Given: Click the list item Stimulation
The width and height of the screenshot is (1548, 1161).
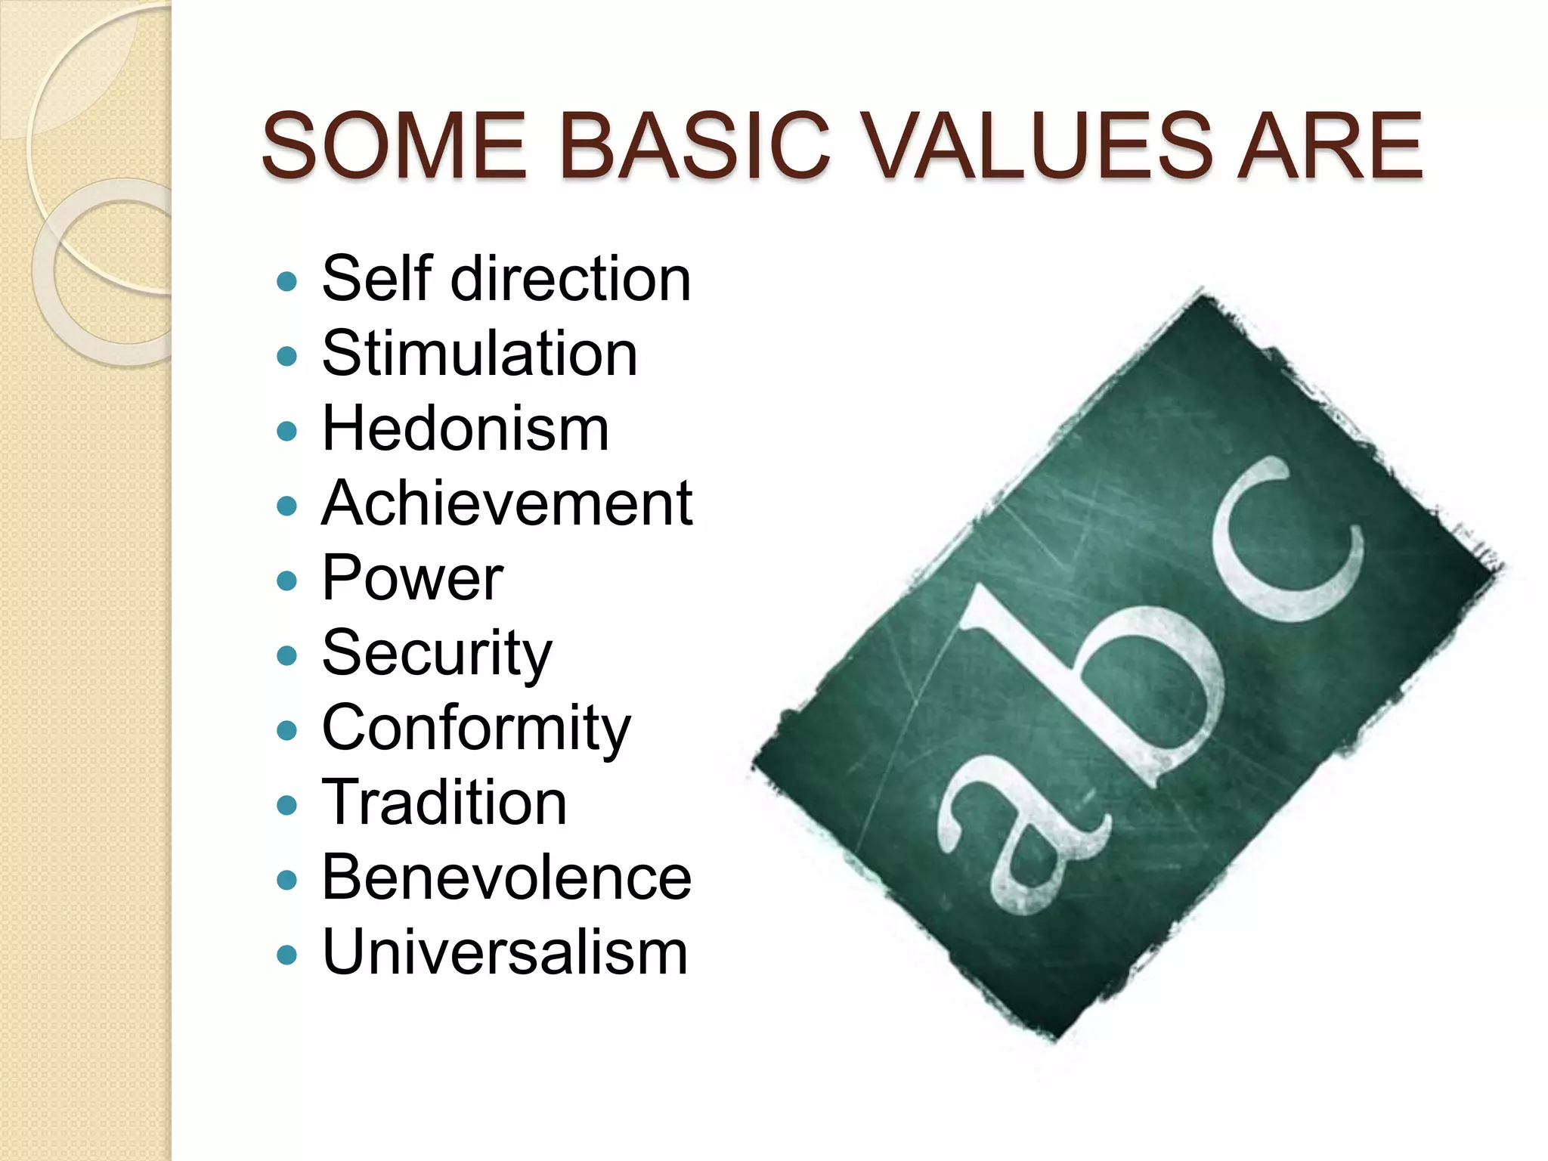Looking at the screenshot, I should click(x=480, y=354).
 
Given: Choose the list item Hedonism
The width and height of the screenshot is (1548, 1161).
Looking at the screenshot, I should click(x=466, y=429).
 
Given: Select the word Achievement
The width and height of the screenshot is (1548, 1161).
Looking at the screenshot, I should click(x=507, y=503).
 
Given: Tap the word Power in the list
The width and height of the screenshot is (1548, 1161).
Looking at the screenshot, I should click(x=413, y=578).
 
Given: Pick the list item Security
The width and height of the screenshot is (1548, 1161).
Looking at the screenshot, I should click(x=437, y=653).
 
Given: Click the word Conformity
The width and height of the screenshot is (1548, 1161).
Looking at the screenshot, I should click(x=476, y=728).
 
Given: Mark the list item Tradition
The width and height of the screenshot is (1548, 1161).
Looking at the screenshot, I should click(x=444, y=803).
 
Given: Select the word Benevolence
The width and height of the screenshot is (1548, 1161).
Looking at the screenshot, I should click(x=506, y=878).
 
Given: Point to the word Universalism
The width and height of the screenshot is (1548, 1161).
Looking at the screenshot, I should click(x=505, y=952).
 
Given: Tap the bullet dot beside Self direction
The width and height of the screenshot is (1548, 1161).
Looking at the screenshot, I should click(x=287, y=283).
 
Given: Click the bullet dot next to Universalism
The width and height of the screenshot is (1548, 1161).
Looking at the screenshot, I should click(x=287, y=955).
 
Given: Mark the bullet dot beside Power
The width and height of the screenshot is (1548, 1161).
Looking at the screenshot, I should click(x=287, y=581).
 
